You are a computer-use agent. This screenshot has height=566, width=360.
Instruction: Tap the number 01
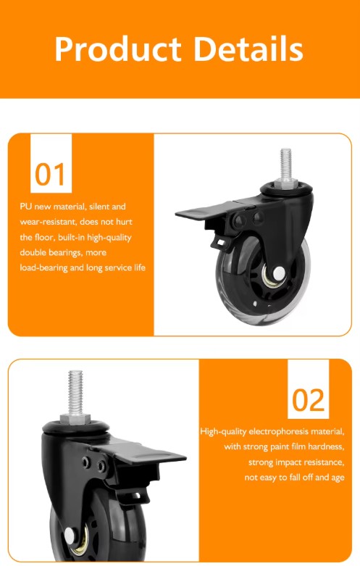pos(50,174)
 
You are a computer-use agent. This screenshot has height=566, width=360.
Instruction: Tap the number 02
pos(309,399)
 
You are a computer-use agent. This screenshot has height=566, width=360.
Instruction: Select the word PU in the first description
pos(25,207)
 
